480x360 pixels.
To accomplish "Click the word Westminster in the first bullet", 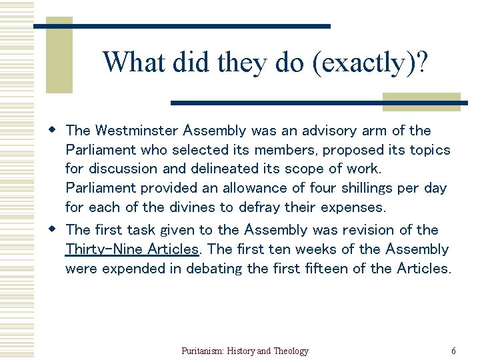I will pyautogui.click(x=137, y=131).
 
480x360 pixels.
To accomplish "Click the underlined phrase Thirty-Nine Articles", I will pyautogui.click(x=132, y=249).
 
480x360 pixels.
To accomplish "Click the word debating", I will pyautogui.click(x=214, y=269).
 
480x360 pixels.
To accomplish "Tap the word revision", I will pyautogui.click(x=367, y=230).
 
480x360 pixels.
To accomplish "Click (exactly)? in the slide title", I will pyautogui.click(x=368, y=62).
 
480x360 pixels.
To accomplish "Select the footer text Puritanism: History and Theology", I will pyautogui.click(x=245, y=351).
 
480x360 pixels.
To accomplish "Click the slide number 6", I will pyautogui.click(x=454, y=351).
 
